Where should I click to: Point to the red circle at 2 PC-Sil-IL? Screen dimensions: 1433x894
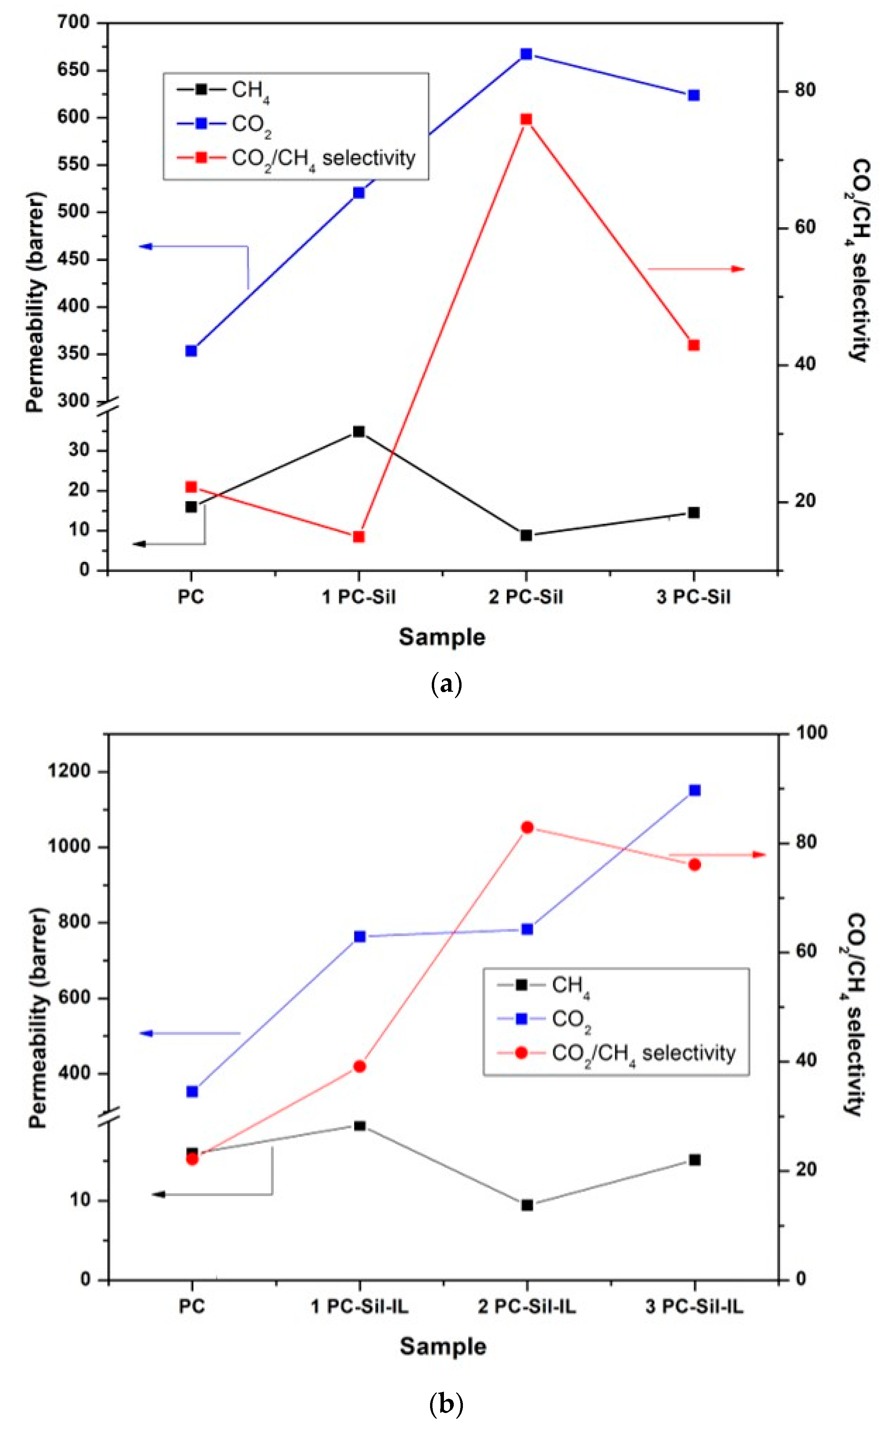(527, 827)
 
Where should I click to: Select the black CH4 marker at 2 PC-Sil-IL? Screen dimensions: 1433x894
(527, 1205)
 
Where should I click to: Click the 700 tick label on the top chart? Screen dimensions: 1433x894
(73, 22)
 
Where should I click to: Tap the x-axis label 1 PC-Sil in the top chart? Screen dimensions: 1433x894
(359, 597)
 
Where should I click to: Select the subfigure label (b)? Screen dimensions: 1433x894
(446, 1404)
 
